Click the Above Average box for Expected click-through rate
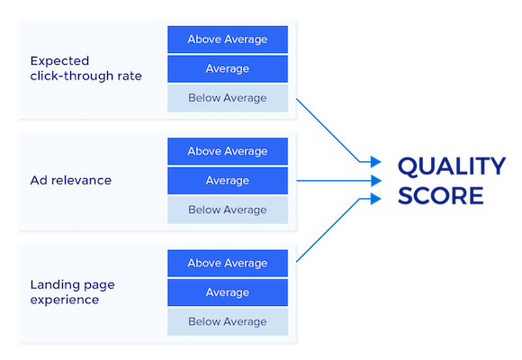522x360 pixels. pyautogui.click(x=228, y=40)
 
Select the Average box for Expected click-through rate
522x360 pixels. pyautogui.click(x=228, y=68)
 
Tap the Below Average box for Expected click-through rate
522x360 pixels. pyautogui.click(x=228, y=98)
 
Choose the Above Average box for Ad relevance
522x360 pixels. pyautogui.click(x=228, y=151)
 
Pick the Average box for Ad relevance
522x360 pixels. pyautogui.click(x=228, y=181)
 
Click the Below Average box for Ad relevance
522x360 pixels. pyautogui.click(x=228, y=210)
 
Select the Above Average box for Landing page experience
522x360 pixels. pyautogui.click(x=228, y=263)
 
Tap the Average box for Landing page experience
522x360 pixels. pyautogui.click(x=228, y=292)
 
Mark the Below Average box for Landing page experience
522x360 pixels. pyautogui.click(x=228, y=321)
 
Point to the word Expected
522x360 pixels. pyautogui.click(x=59, y=61)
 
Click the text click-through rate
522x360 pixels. pyautogui.click(x=85, y=76)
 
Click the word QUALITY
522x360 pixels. pyautogui.click(x=452, y=166)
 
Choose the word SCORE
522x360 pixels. pyautogui.click(x=441, y=195)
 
